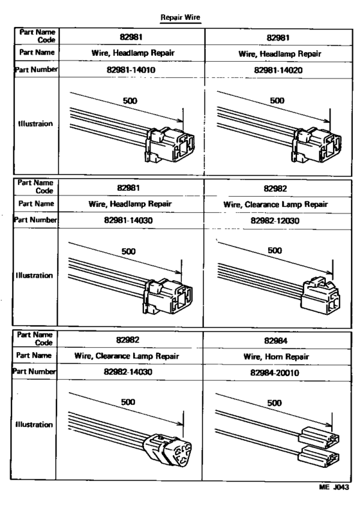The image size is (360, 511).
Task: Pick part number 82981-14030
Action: point(132,220)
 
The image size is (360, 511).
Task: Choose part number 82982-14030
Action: point(132,372)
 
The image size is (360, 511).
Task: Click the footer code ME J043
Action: point(332,488)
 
